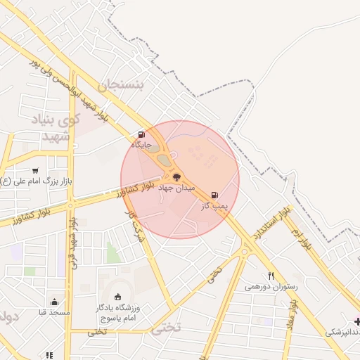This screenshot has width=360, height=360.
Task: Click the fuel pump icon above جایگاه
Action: pos(142,134)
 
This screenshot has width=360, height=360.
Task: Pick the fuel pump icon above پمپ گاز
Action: pos(214,195)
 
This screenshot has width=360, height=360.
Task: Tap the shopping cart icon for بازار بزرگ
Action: pos(35,171)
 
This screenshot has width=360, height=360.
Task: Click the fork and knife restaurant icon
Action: pos(271,276)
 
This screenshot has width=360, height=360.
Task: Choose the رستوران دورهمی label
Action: pos(271,287)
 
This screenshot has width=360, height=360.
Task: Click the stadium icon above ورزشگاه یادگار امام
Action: pos(117,297)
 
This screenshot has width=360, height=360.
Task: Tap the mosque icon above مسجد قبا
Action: pos(53,302)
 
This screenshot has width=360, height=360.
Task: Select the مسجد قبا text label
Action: pos(53,313)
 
